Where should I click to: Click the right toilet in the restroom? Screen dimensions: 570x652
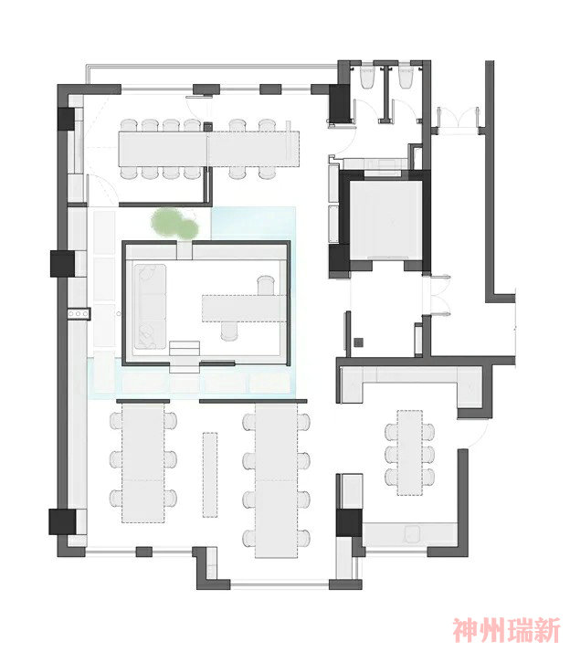tap(406, 77)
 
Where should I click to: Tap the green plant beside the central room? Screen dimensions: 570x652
tap(174, 224)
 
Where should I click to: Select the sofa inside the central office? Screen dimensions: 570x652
tap(150, 307)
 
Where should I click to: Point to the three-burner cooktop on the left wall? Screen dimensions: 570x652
tap(79, 313)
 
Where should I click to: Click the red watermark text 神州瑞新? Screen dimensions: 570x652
tap(507, 630)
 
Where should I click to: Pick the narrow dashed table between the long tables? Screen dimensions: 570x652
tap(210, 475)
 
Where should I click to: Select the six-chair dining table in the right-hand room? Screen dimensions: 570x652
tap(410, 453)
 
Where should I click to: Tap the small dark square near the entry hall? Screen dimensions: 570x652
tap(359, 342)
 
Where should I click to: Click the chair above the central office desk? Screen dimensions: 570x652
tap(266, 285)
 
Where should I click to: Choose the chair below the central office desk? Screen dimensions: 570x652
tap(228, 331)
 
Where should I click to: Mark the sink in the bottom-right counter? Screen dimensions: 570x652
tap(412, 533)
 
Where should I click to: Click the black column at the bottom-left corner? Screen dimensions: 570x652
tap(62, 521)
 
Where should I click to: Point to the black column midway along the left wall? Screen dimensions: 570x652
tap(62, 263)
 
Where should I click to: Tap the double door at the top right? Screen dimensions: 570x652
tap(458, 119)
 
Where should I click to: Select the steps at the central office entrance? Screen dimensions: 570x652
tap(185, 357)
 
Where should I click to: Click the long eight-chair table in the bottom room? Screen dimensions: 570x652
tap(276, 480)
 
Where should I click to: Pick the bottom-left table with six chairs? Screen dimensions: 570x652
tap(143, 464)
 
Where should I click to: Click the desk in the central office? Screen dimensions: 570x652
tap(244, 308)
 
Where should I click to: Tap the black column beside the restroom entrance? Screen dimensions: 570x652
tap(340, 103)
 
